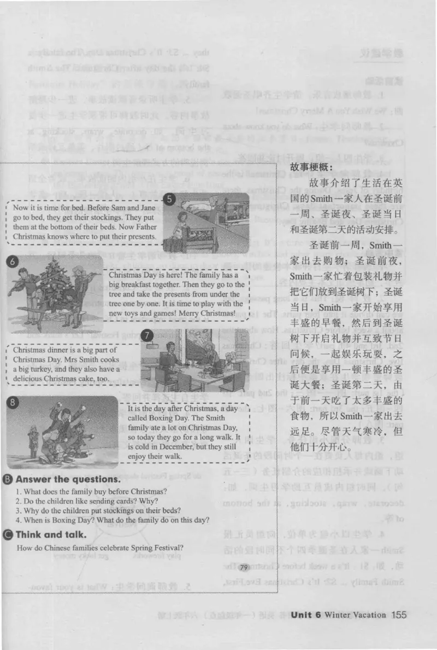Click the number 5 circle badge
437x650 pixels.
tap(170, 199)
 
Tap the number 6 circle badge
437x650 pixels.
tap(12, 262)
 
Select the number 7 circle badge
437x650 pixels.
tap(146, 335)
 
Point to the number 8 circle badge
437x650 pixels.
tap(12, 404)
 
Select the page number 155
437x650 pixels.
tap(399, 615)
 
